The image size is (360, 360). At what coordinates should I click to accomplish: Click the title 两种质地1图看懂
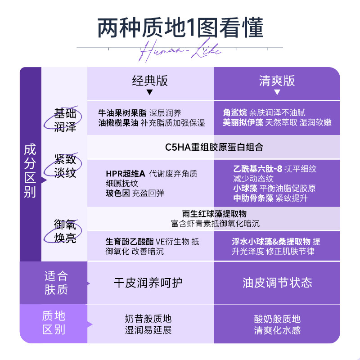[180, 28]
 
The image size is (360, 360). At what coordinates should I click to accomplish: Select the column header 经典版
[150, 81]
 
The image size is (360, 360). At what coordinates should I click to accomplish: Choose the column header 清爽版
[277, 81]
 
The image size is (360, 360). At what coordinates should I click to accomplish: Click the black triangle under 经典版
[150, 92]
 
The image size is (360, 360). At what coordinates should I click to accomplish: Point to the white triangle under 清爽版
[277, 92]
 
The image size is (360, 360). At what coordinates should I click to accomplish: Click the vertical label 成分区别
[30, 171]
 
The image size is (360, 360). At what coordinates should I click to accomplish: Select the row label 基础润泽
[65, 120]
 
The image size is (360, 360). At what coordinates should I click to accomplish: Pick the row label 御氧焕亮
[65, 231]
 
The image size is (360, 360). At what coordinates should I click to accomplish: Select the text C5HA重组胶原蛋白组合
[214, 147]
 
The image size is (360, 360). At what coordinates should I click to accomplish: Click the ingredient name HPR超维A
[126, 174]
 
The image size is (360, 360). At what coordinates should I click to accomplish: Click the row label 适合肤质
[56, 282]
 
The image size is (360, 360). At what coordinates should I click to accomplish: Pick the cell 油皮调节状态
[277, 283]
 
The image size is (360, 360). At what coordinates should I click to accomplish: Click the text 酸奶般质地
[277, 319]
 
